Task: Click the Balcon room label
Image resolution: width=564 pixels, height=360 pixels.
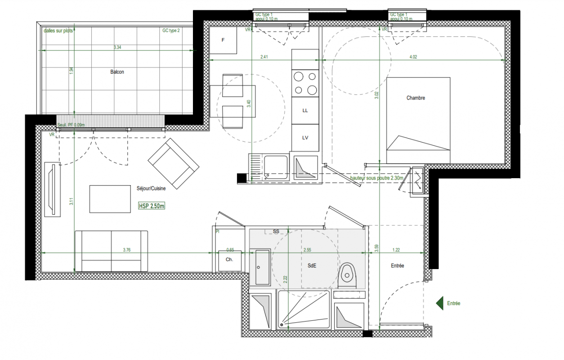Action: (117, 72)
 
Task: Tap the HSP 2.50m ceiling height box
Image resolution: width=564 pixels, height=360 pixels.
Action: (152, 206)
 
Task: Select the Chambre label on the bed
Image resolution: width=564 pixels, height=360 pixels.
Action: (416, 98)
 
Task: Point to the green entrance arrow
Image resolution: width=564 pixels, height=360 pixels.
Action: (439, 303)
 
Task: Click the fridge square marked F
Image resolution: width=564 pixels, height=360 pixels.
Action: (223, 40)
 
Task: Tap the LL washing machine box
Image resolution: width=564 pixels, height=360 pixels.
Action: (305, 110)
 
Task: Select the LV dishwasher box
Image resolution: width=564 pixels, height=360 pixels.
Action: (305, 138)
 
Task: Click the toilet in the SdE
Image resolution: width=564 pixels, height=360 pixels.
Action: (347, 276)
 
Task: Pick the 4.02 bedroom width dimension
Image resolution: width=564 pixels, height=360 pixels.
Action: (413, 57)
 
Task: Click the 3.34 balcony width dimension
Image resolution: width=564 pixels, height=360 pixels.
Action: (117, 47)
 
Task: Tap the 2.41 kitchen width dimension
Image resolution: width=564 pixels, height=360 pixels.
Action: (264, 57)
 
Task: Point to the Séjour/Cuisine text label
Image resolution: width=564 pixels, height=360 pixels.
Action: (151, 189)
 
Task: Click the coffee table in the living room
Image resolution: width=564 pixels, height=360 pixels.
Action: (110, 199)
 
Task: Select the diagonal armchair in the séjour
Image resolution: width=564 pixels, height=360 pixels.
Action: (174, 164)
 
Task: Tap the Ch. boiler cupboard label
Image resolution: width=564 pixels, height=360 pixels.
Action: (229, 260)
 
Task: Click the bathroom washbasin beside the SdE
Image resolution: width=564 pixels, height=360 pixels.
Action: (262, 267)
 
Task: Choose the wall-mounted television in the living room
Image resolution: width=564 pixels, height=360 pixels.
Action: (53, 189)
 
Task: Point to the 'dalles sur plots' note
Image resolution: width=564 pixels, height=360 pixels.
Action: (58, 31)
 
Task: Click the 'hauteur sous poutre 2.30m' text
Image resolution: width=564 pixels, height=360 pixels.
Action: (376, 178)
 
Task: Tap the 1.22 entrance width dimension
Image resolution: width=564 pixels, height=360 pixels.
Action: (396, 250)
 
